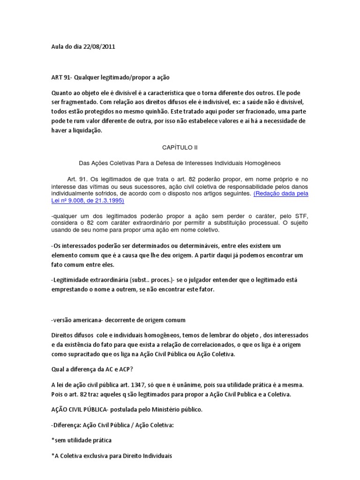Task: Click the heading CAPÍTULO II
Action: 180,147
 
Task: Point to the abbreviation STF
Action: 299,216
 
